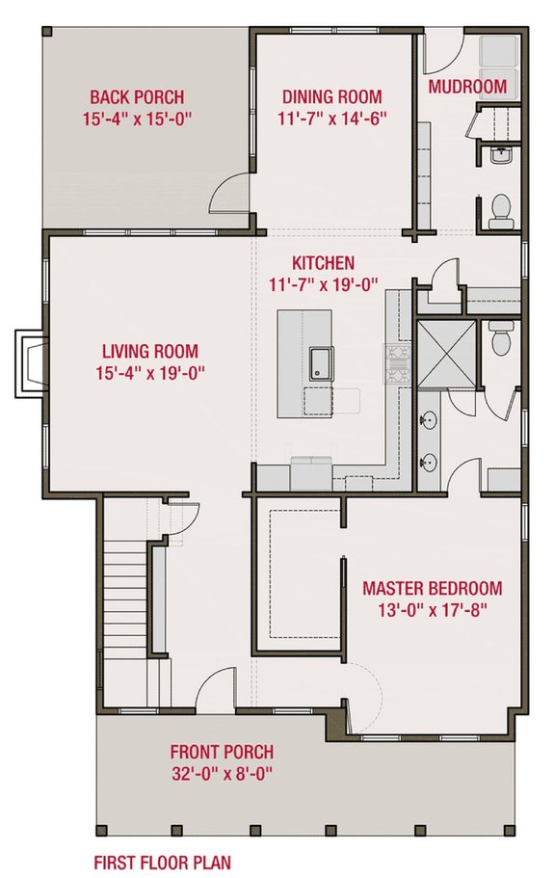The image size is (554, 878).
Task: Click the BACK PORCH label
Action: click(x=137, y=97)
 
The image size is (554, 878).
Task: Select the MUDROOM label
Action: click(x=467, y=87)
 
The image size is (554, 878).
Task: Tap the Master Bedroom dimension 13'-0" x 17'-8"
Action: click(x=432, y=609)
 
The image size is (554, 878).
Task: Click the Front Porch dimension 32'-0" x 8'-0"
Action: click(x=222, y=773)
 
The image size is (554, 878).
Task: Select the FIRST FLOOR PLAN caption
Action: click(x=161, y=862)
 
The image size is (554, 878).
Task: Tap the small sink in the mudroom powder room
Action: click(x=499, y=154)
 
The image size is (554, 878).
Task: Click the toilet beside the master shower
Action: click(x=498, y=337)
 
